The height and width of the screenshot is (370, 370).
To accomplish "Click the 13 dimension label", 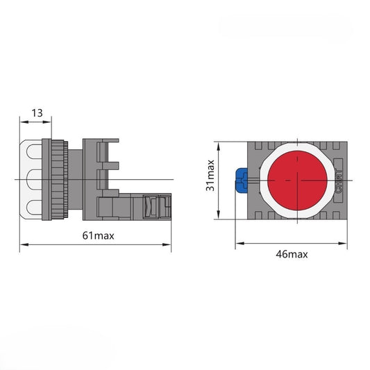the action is (x=37, y=112).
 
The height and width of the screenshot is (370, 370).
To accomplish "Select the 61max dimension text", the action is (x=98, y=235).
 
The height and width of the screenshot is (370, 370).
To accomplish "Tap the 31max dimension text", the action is (x=210, y=176).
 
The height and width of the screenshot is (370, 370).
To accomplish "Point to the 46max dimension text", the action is (x=292, y=254).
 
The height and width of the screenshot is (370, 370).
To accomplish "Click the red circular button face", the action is (x=297, y=180).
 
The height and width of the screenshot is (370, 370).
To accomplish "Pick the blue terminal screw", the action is (x=242, y=180).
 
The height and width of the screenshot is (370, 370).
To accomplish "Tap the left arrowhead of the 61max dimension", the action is (x=24, y=244).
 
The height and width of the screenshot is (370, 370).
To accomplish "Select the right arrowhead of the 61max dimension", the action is (x=167, y=244).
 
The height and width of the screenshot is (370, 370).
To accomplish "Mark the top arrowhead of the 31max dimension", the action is (x=219, y=146).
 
